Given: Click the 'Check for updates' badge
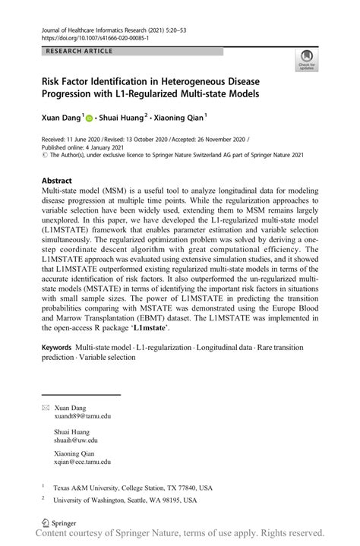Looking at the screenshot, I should pos(307,59).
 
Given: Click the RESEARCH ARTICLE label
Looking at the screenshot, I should pos(80,51).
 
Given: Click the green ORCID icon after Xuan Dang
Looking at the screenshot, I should pos(89,118).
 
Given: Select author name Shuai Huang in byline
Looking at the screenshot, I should pos(122,118).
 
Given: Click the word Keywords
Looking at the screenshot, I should pos(62,347).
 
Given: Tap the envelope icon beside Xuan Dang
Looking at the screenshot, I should pos(46,408).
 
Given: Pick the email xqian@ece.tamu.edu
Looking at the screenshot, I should pos(83,461).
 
